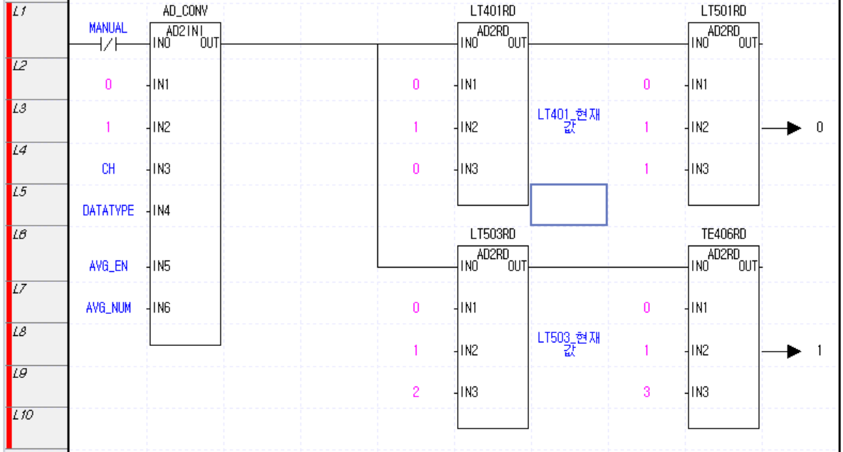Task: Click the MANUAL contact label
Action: click(x=108, y=28)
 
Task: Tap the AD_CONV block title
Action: click(x=185, y=11)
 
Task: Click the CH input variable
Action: click(x=108, y=169)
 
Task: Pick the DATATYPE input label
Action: click(x=108, y=211)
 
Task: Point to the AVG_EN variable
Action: click(x=108, y=266)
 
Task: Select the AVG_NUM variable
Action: click(x=108, y=308)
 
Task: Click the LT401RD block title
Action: click(x=493, y=11)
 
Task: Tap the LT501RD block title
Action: click(x=723, y=11)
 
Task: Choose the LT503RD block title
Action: click(x=493, y=234)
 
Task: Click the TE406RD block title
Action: click(x=723, y=234)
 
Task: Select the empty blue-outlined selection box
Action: click(x=568, y=204)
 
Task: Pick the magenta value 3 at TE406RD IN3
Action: click(x=646, y=391)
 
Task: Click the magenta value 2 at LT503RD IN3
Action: click(x=416, y=391)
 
